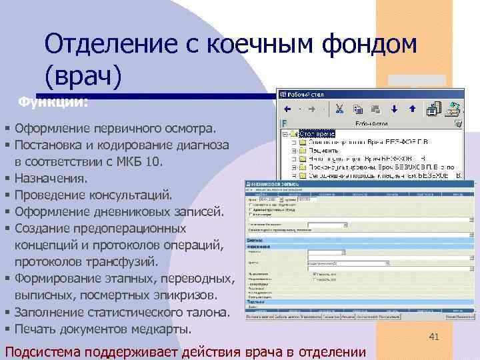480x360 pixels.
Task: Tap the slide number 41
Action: [434, 319]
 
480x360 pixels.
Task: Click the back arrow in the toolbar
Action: [288, 109]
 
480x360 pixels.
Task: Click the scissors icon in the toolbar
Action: [339, 109]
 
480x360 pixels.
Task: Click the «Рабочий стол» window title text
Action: [306, 93]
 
